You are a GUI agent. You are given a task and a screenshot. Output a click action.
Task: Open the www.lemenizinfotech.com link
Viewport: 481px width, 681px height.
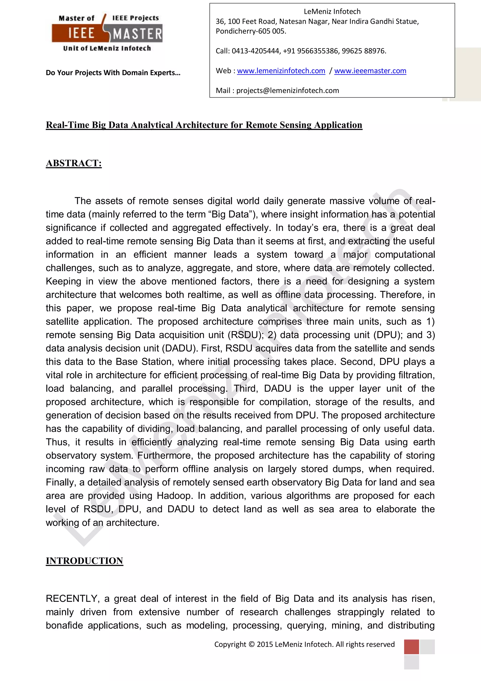pos(281,71)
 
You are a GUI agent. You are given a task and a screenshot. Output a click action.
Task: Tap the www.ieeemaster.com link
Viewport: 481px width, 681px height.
pos(370,71)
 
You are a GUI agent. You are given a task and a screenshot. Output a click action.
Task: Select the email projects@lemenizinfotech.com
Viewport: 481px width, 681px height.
pos(287,91)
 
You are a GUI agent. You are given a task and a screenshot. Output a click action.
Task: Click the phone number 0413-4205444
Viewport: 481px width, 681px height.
pos(256,51)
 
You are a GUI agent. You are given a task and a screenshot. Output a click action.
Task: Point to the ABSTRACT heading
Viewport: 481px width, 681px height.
pos(74,163)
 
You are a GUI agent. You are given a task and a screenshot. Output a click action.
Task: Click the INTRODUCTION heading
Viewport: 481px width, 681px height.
pos(85,561)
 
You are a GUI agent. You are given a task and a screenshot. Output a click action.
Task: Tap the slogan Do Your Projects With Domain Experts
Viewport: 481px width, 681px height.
pos(113,73)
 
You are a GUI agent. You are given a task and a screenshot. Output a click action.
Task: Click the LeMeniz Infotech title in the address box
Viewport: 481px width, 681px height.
pos(332,12)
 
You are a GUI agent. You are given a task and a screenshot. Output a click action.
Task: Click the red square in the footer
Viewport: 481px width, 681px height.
pos(411,647)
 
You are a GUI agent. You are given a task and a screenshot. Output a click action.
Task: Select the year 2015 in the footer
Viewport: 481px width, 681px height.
pos(265,645)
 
